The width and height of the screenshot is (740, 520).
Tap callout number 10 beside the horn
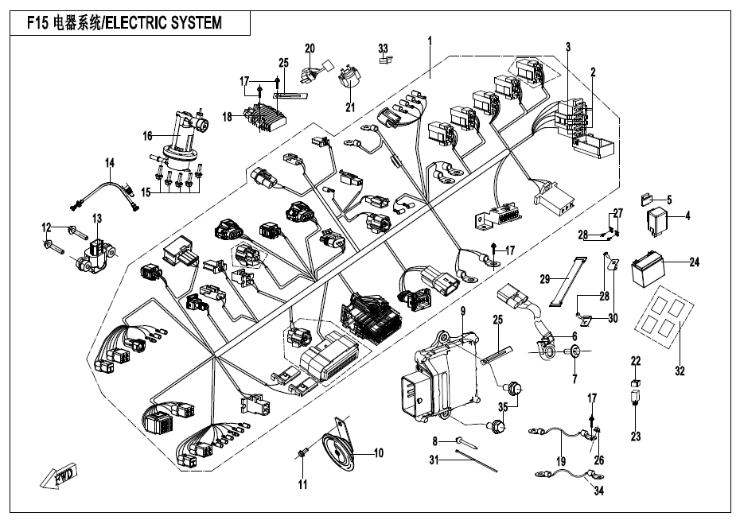[x=379, y=453]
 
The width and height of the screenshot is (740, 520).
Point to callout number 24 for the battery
[x=694, y=261]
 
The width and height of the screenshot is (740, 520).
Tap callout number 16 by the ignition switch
[x=146, y=136]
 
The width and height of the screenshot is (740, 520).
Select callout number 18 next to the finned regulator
[x=228, y=116]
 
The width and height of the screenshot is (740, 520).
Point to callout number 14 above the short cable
[x=111, y=163]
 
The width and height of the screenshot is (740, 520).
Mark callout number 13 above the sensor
[x=97, y=219]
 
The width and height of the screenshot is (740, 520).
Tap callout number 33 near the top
[x=384, y=48]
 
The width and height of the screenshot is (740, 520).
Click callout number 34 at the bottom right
[x=598, y=491]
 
